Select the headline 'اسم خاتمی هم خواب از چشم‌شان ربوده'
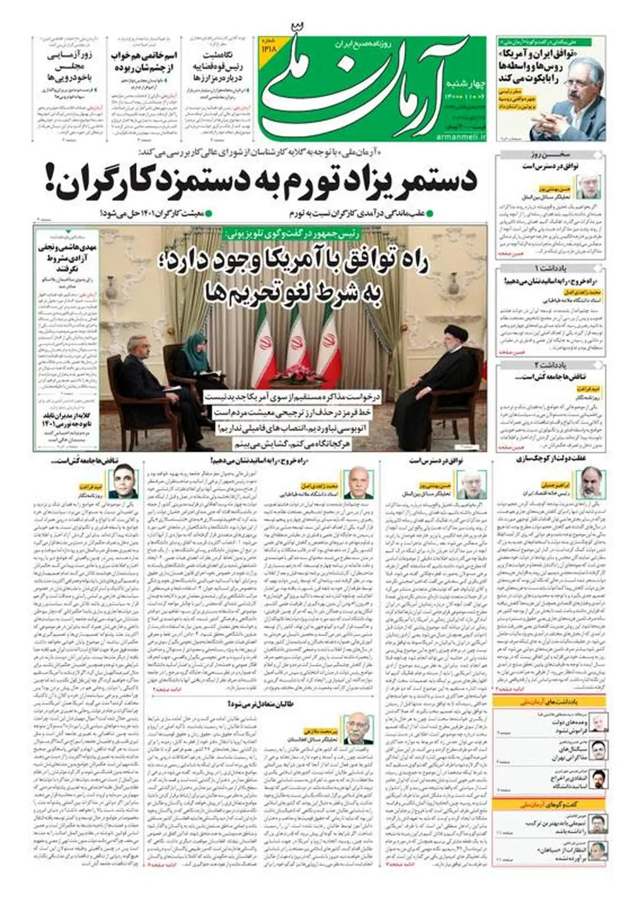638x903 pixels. (x=144, y=61)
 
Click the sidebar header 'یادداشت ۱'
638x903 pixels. (x=550, y=267)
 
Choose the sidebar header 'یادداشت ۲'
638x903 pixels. (x=550, y=365)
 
